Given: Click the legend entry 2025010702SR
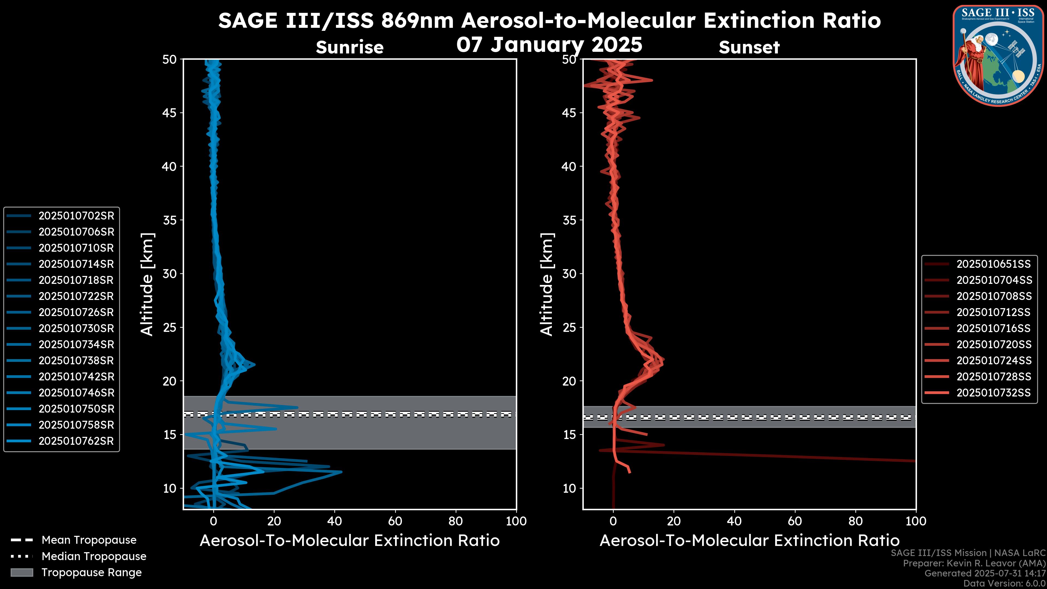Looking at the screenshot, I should pos(76,216).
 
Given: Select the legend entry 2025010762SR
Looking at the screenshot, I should pos(76,441).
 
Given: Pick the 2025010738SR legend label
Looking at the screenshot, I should pos(76,360).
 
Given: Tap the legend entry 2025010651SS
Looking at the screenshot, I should pos(993,264).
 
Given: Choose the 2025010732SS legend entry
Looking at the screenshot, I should pos(993,393).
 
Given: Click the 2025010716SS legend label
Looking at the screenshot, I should pos(993,328).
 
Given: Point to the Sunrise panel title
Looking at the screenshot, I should pos(350,47).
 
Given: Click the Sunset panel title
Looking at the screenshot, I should pos(749,47).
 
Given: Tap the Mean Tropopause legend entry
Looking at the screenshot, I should pos(89,540).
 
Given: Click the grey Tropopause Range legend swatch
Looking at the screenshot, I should pos(22,572).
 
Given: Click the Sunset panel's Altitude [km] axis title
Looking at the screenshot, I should pos(547,284).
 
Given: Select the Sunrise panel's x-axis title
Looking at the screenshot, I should pos(350,541).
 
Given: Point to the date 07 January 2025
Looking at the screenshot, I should pos(549,45).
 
